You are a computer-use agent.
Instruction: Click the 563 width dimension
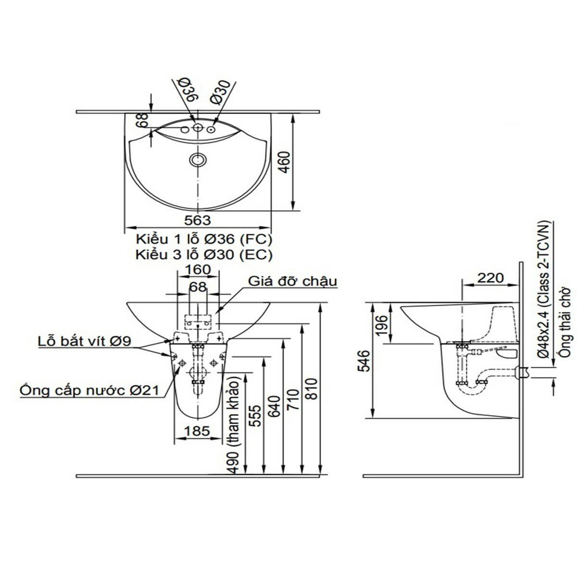(x=198, y=220)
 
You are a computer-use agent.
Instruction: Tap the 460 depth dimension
(x=285, y=163)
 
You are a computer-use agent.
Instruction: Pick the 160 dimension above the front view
(x=198, y=270)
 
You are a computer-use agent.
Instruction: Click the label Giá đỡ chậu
(x=292, y=281)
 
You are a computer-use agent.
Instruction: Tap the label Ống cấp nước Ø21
(x=89, y=390)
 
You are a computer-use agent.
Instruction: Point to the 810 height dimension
(x=312, y=393)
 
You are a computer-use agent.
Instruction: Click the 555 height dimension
(x=255, y=416)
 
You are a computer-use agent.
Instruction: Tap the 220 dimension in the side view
(x=490, y=277)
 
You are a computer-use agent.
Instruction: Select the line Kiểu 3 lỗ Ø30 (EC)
(x=204, y=255)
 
